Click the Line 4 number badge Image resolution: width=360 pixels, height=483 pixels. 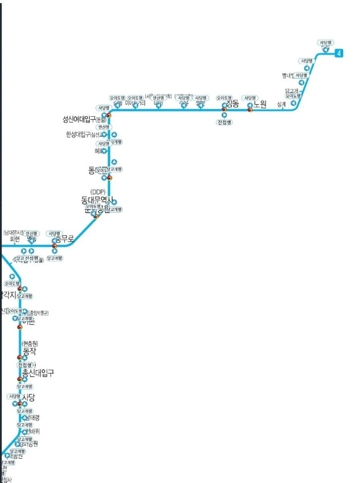pos(339,53)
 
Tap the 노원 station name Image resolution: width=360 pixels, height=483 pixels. pos(260,104)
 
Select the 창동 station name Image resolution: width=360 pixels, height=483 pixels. pos(232,104)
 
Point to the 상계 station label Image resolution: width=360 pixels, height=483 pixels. pos(282,104)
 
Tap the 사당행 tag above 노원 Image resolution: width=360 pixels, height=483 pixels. pos(249,98)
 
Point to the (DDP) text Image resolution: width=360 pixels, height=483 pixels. pos(98,192)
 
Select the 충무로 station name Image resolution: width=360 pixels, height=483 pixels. pos(65,239)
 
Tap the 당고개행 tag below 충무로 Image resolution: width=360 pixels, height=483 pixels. pos(54,258)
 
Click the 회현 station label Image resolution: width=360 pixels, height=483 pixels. pos(15,239)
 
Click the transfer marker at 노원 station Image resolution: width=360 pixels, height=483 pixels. pos(250,110)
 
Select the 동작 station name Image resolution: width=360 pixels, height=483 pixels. pos(30,351)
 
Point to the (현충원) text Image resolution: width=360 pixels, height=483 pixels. pos(30,344)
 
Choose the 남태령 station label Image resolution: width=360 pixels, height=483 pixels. pos(31,418)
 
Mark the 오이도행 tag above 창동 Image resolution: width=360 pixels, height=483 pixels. pos(224,98)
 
